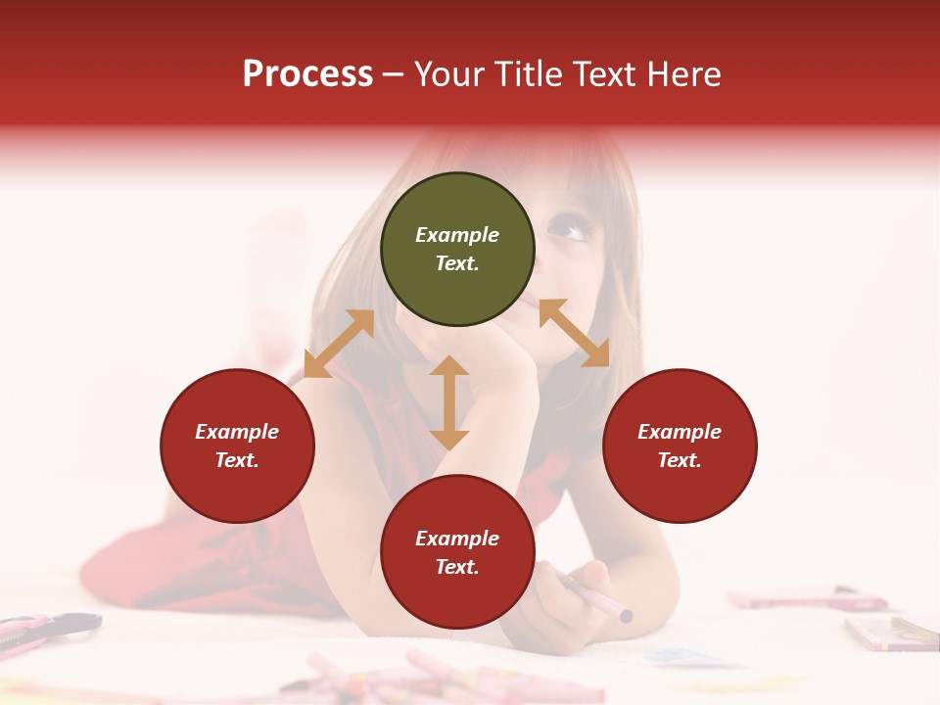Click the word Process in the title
click(307, 74)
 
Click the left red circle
click(237, 446)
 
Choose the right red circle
click(680, 446)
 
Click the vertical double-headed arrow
click(449, 402)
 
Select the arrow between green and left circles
click(340, 343)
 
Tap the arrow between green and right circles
click(574, 333)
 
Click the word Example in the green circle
click(457, 235)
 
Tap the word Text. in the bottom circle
click(457, 567)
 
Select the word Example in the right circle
click(680, 432)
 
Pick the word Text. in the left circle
click(237, 460)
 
